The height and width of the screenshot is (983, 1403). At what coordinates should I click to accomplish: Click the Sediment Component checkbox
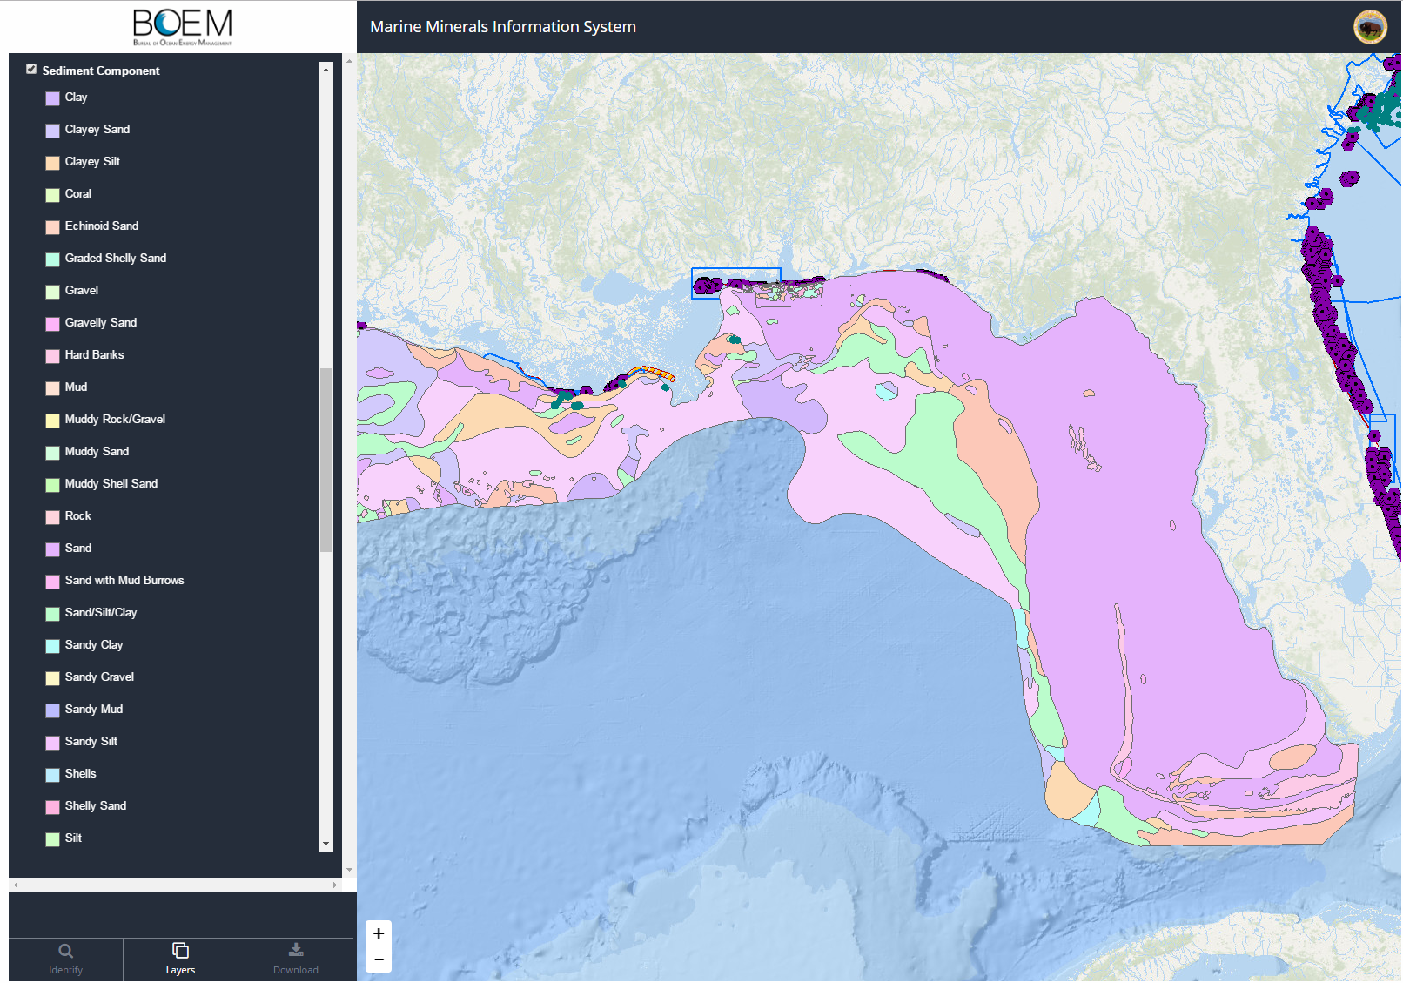(x=31, y=70)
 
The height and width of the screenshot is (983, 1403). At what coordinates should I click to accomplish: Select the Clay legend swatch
(x=52, y=98)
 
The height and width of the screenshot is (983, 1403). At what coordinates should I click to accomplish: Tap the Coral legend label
(x=77, y=194)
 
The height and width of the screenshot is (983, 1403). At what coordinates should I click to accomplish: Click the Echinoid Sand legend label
(x=101, y=226)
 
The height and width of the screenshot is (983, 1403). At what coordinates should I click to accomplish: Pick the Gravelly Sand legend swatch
(x=52, y=324)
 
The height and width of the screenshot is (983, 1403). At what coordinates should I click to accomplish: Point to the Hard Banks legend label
(x=94, y=355)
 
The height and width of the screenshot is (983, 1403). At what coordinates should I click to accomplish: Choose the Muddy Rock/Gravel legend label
(x=115, y=420)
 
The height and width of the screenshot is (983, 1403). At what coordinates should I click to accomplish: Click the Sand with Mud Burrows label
(x=124, y=581)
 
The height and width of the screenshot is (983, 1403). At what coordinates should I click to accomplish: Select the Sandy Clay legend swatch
(x=52, y=646)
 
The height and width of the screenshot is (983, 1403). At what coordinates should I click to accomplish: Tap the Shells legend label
(x=80, y=774)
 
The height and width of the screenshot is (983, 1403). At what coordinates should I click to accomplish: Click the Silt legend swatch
(x=52, y=839)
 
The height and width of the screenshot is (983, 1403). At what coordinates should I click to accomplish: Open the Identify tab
(x=66, y=959)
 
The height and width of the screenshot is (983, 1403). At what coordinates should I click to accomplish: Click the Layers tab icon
(x=180, y=951)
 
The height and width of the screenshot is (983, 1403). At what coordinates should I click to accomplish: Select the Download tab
(x=296, y=959)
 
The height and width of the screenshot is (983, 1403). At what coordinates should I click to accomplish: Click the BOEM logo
(x=183, y=27)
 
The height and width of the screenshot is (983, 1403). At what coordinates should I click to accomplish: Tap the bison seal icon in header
(x=1370, y=27)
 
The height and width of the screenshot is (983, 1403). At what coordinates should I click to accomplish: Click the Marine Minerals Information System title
(x=503, y=27)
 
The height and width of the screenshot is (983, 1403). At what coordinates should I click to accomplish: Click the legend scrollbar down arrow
(x=326, y=844)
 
